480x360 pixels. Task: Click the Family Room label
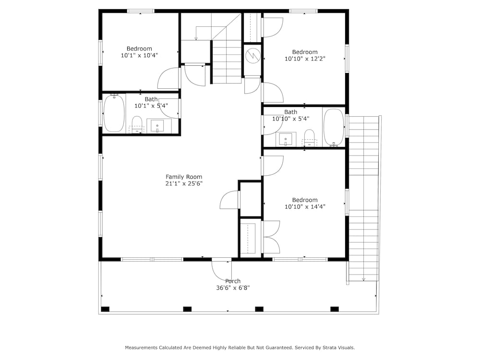[x=184, y=177]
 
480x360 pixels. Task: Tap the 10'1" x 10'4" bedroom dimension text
[x=139, y=55]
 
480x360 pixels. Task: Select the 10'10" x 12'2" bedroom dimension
[x=305, y=59]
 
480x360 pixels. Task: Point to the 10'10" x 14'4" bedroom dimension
[x=305, y=206]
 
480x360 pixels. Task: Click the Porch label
[x=233, y=281]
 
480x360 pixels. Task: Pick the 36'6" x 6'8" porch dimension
[x=233, y=288]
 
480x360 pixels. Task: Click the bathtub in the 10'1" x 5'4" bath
[x=114, y=113]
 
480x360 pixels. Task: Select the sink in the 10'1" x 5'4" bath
[x=157, y=126]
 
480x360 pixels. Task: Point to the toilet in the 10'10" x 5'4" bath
[x=310, y=137]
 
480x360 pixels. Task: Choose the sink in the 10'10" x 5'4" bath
[x=286, y=140]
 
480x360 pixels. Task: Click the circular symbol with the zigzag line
[x=253, y=55]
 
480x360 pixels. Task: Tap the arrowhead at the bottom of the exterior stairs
[x=364, y=279]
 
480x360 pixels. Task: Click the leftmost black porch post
[x=105, y=309]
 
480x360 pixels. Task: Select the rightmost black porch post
[x=335, y=309]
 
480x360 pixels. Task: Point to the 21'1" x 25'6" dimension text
[x=184, y=184]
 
